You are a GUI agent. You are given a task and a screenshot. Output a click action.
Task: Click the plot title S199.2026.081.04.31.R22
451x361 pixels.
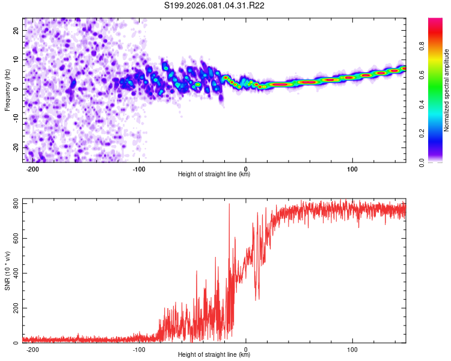tap(215, 6)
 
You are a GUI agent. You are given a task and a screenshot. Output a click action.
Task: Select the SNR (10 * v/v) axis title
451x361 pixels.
tap(7, 272)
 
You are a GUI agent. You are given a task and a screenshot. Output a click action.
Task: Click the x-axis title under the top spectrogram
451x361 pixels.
tap(214, 174)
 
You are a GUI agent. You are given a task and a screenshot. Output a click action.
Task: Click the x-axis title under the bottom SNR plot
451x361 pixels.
tap(214, 355)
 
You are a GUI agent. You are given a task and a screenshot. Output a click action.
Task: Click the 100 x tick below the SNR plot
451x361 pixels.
tap(352, 349)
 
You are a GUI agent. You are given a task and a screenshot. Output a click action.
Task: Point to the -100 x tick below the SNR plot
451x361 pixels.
tap(139, 349)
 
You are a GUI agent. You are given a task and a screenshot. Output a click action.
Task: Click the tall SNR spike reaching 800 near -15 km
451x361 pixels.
tap(229, 206)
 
